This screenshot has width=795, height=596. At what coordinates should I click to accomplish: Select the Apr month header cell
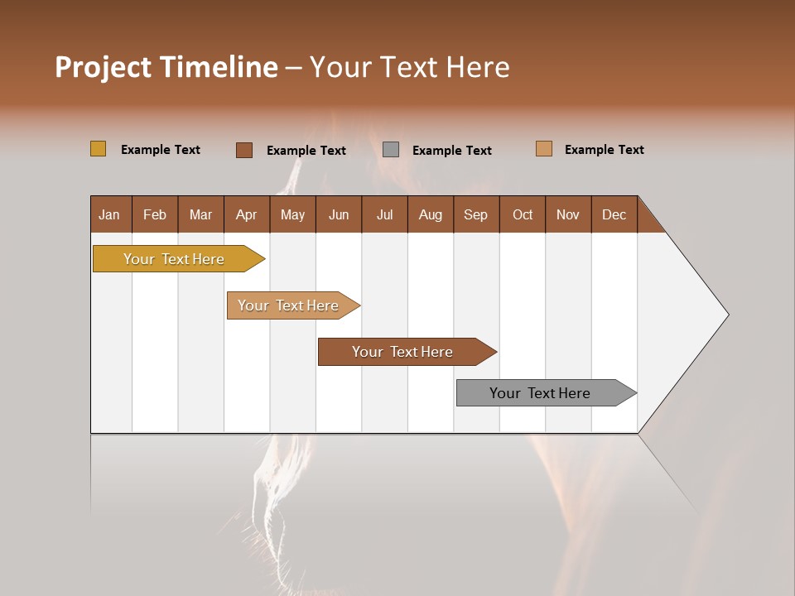click(247, 214)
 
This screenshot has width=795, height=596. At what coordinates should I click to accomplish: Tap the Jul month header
click(384, 214)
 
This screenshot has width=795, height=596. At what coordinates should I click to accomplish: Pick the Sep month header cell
click(476, 214)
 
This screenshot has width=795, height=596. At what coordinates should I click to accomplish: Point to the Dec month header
click(614, 214)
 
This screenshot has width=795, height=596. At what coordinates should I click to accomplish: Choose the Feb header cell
click(155, 214)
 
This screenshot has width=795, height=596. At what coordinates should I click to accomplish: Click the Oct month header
click(523, 214)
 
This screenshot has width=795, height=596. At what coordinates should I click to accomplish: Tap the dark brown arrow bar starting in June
click(403, 352)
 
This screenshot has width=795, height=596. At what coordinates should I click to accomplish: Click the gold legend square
click(99, 149)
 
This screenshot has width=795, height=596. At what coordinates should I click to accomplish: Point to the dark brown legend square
click(244, 150)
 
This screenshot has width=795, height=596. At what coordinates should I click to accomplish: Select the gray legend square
click(391, 149)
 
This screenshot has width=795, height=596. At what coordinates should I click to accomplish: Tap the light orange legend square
click(544, 149)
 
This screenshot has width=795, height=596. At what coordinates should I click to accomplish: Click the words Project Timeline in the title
click(166, 67)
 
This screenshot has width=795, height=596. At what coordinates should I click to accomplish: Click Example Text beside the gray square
click(451, 150)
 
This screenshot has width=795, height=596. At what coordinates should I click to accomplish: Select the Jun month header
click(339, 214)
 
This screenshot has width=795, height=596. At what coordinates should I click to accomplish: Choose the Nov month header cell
click(568, 214)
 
